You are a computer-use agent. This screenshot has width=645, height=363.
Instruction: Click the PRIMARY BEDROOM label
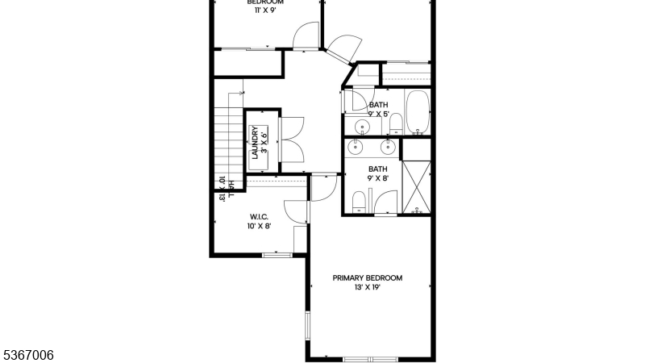coord(367,278)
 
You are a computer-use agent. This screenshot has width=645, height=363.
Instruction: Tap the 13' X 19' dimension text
coord(367,288)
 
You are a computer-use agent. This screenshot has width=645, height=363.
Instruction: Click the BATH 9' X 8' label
coord(377,173)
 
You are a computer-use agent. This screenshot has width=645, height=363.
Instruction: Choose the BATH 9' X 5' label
coord(378,109)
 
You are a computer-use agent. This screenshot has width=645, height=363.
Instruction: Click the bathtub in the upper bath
coord(418,112)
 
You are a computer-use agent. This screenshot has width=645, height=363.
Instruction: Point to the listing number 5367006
coord(27,354)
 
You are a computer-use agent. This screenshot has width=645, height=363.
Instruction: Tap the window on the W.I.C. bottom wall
coord(277,255)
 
